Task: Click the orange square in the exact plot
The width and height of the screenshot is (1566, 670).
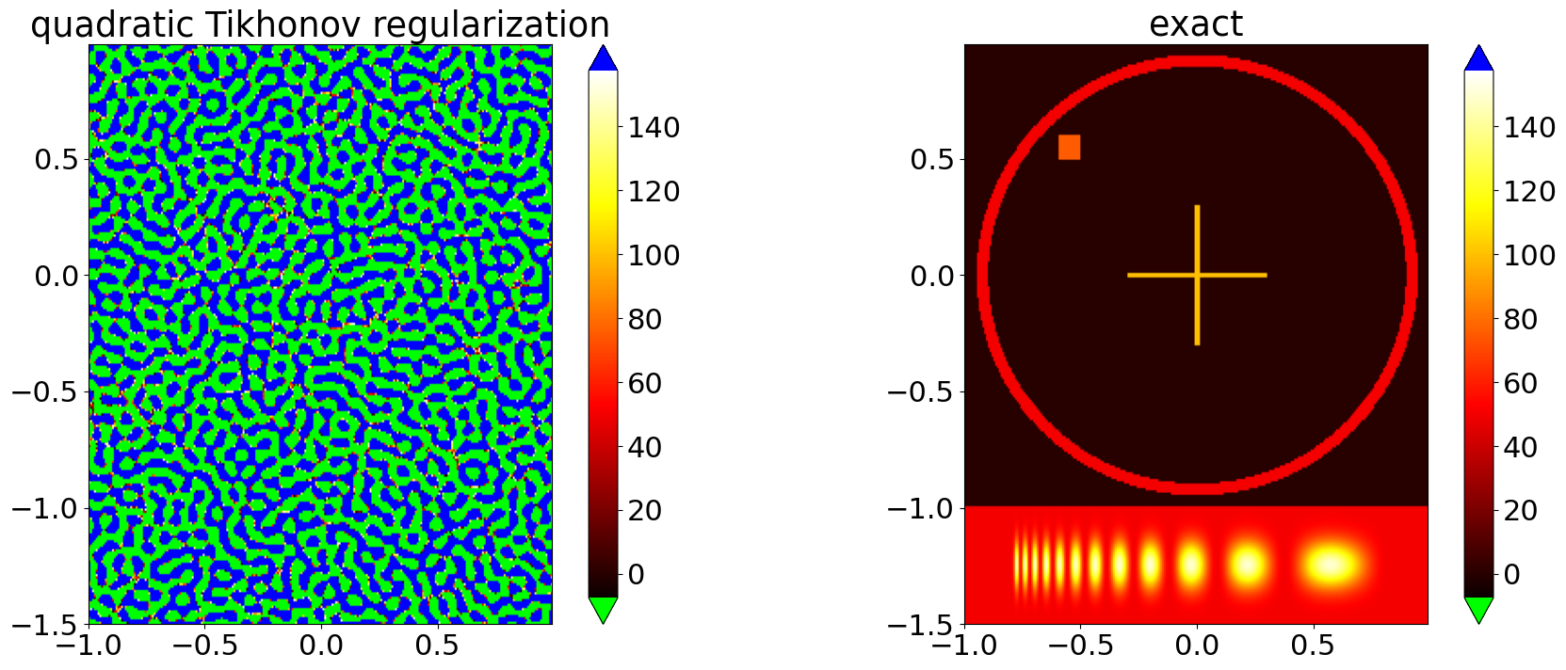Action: tap(1069, 147)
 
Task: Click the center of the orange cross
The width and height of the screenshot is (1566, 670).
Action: tap(1197, 275)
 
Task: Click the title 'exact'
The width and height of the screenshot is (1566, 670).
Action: tap(1196, 24)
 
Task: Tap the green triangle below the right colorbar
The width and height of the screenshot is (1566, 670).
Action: tap(1478, 609)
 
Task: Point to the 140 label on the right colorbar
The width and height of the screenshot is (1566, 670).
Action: tap(1529, 127)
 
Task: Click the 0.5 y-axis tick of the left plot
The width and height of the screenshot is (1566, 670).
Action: tap(58, 159)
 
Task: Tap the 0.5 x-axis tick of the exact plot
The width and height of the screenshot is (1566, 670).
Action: tap(1312, 646)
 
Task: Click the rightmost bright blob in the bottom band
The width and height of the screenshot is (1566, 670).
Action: tap(1331, 565)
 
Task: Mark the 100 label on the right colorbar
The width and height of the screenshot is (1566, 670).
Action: tap(1529, 255)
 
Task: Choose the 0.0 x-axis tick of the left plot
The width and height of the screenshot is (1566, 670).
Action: tap(321, 646)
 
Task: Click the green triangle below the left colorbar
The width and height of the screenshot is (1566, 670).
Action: tap(603, 609)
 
